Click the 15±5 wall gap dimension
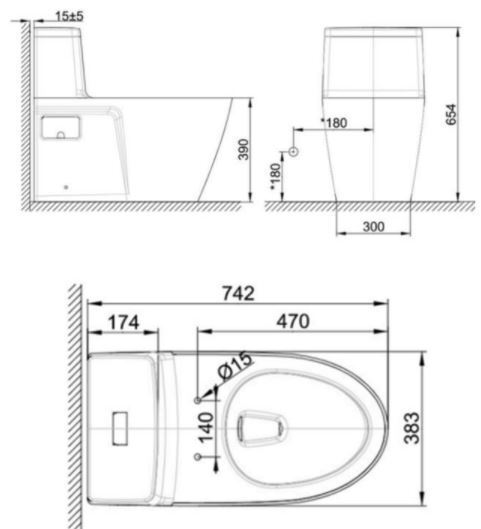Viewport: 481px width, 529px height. (x=69, y=16)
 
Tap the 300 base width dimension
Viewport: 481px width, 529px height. (x=373, y=227)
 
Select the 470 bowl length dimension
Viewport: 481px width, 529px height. (x=293, y=321)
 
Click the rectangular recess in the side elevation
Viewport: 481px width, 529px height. (x=61, y=127)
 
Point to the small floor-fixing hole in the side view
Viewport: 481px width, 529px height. (x=67, y=186)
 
